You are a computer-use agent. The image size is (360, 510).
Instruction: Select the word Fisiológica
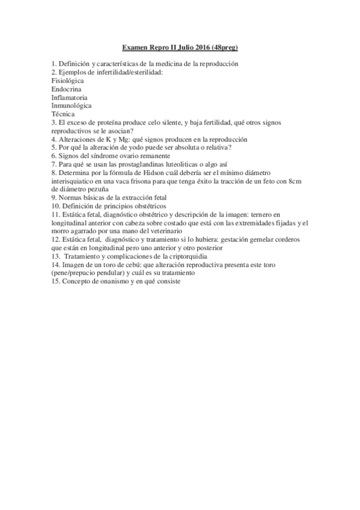[67, 80]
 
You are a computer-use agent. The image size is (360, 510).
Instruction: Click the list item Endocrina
[67, 88]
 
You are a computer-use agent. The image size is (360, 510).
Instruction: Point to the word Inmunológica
[72, 105]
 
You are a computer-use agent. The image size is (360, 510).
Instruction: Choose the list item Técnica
[63, 114]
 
